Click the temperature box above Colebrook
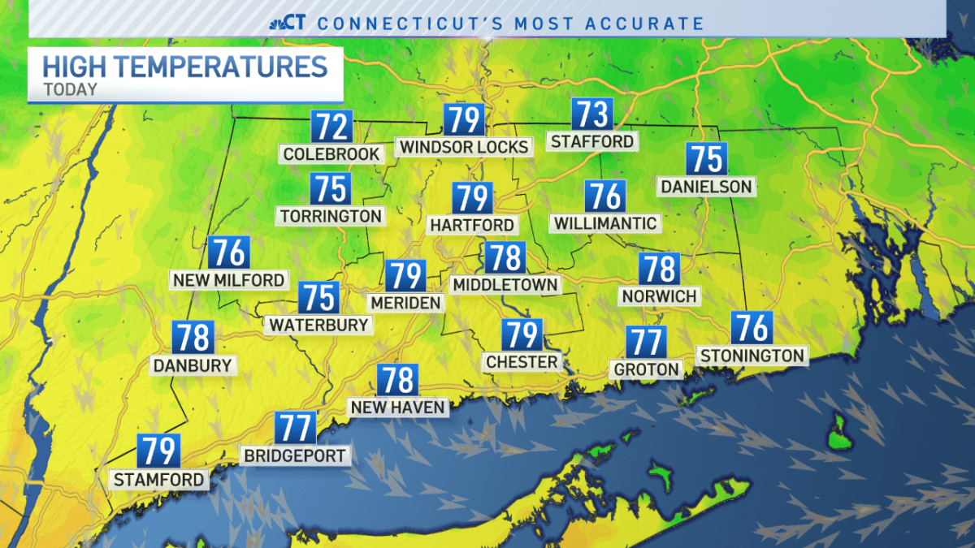(331, 127)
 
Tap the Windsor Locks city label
(463, 147)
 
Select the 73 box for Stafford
(592, 115)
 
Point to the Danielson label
(706, 187)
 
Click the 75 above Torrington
(331, 188)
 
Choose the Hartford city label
(472, 225)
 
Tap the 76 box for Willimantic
(605, 196)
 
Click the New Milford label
(229, 280)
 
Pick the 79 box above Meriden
(405, 275)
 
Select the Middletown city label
(505, 284)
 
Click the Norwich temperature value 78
(659, 269)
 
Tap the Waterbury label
(318, 325)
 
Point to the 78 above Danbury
(193, 337)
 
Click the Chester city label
(522, 361)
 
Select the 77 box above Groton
(646, 342)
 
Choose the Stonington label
(752, 355)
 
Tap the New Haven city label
(397, 407)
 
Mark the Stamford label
(158, 480)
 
